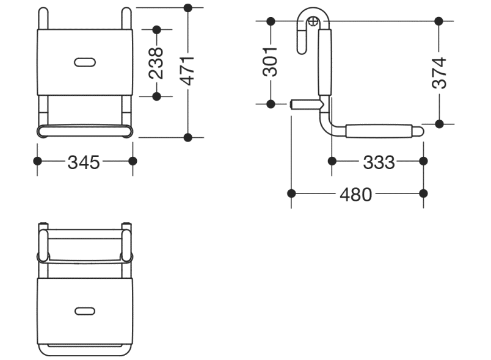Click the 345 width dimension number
coord(84,162)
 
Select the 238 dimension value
coord(156,63)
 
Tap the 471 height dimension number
coord(188,71)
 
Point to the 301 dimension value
coord(271,62)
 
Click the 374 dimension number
coord(439,73)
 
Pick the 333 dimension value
coord(379,162)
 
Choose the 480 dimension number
coord(355,195)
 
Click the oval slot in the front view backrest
coord(85,62)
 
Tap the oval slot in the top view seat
coord(85,311)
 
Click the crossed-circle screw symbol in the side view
coord(313,21)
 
